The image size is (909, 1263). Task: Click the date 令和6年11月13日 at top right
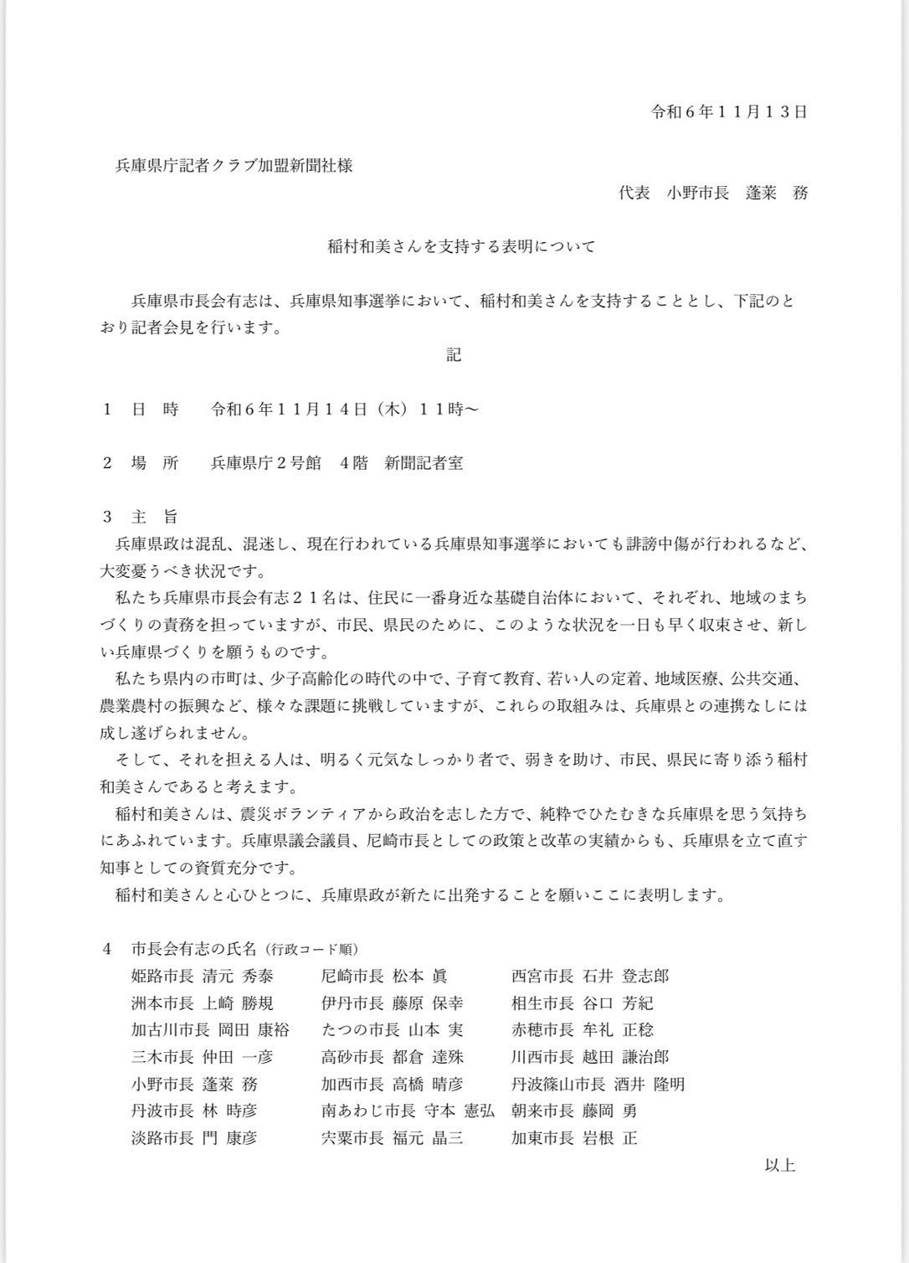[729, 112]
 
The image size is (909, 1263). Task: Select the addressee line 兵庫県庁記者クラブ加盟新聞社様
[234, 166]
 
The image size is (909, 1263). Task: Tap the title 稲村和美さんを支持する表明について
[460, 247]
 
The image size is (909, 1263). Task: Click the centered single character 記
[453, 355]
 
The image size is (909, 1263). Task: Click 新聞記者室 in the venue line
[424, 463]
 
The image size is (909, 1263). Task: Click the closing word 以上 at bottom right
[779, 1165]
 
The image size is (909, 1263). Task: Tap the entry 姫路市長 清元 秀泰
[202, 976]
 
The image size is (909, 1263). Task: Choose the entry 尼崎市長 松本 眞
[384, 976]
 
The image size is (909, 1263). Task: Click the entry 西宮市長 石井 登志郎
[590, 976]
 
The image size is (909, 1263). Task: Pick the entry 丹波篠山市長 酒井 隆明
[598, 1085]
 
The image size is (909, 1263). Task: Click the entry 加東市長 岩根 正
[574, 1138]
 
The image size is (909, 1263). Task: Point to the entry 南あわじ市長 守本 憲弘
[408, 1111]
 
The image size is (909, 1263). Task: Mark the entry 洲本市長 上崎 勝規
[202, 1003]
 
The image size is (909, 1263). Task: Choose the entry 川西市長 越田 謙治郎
[590, 1057]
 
